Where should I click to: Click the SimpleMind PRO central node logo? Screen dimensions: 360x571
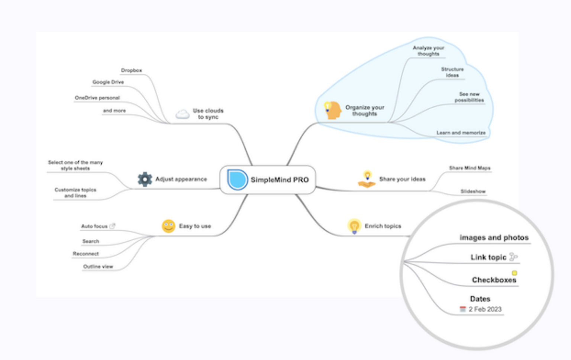(x=237, y=180)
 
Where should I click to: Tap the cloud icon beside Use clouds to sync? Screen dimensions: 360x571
(x=183, y=114)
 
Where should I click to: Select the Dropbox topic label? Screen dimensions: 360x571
(x=131, y=70)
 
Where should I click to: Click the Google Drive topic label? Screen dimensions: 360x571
(x=108, y=82)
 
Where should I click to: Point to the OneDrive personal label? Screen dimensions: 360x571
(x=97, y=98)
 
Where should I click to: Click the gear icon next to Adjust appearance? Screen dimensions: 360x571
(x=145, y=179)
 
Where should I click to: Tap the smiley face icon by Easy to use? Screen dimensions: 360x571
(x=168, y=226)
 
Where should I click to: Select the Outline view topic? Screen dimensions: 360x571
(x=98, y=266)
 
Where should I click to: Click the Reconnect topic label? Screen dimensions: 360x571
(x=86, y=254)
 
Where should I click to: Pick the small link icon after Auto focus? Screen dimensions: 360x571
(x=112, y=226)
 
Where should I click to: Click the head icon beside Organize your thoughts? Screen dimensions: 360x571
(x=332, y=110)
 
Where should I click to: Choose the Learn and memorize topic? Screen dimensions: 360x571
(x=461, y=133)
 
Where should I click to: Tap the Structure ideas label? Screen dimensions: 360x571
(x=452, y=72)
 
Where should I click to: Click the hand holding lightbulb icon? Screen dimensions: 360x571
(x=367, y=179)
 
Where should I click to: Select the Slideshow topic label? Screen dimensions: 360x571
(x=473, y=191)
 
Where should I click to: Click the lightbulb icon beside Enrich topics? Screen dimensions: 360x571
(x=354, y=226)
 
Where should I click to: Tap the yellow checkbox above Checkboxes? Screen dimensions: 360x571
(x=514, y=273)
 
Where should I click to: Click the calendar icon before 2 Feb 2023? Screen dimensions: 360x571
(x=463, y=309)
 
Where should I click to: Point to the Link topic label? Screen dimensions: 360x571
(x=488, y=257)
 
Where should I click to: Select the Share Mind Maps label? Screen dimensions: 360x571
(x=470, y=168)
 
